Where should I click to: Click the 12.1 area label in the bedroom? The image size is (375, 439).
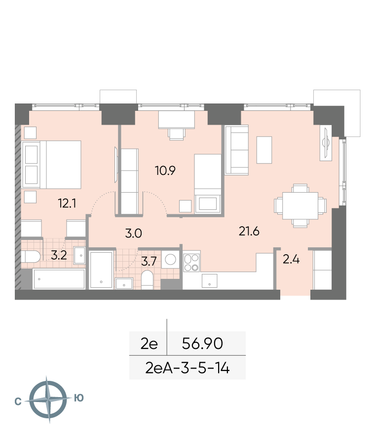tap(67, 203)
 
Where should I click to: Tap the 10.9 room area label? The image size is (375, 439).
tap(165, 170)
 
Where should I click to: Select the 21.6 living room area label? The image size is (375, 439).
tap(249, 231)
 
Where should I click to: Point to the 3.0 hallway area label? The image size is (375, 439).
tap(133, 233)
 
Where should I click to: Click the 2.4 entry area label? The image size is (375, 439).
tap(291, 260)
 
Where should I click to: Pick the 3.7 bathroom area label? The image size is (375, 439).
tap(149, 261)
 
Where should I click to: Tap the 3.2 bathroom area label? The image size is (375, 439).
tap(59, 255)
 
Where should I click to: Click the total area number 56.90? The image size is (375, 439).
tap(202, 343)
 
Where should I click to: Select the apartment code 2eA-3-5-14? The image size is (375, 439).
tap(187, 368)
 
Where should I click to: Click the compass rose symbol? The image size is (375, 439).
tap(48, 399)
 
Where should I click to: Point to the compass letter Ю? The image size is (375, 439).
tap(79, 398)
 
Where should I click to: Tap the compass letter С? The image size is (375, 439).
tap(18, 402)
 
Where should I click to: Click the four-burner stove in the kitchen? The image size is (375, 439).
tap(191, 263)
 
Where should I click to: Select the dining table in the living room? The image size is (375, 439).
tap(300, 206)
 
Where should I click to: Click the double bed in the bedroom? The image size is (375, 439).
tap(52, 165)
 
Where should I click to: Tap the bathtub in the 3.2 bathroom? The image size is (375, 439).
tap(59, 279)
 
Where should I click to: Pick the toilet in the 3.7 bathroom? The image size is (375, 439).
tap(147, 280)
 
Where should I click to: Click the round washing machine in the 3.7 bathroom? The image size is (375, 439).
tap(170, 260)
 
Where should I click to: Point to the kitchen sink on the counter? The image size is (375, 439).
tap(210, 281)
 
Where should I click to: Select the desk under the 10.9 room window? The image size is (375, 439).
tap(177, 120)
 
